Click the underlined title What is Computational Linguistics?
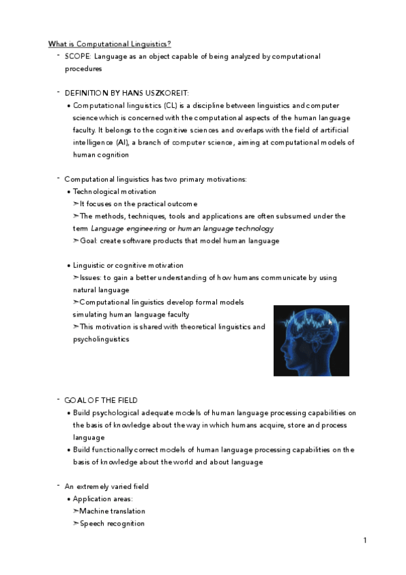(109, 44)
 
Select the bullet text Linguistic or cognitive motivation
(128, 265)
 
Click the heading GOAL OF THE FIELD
(101, 400)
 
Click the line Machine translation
(112, 511)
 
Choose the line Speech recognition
(112, 523)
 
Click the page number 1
(365, 540)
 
